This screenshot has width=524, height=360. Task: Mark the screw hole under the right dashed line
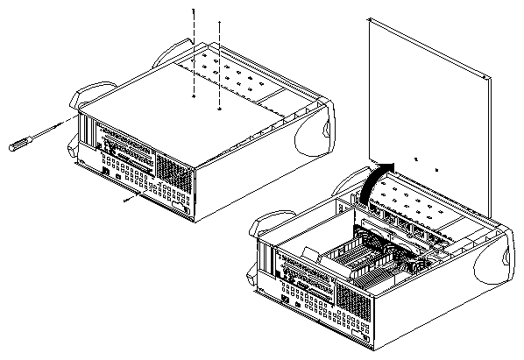[218, 109]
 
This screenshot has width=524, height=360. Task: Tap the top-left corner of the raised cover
[372, 20]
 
